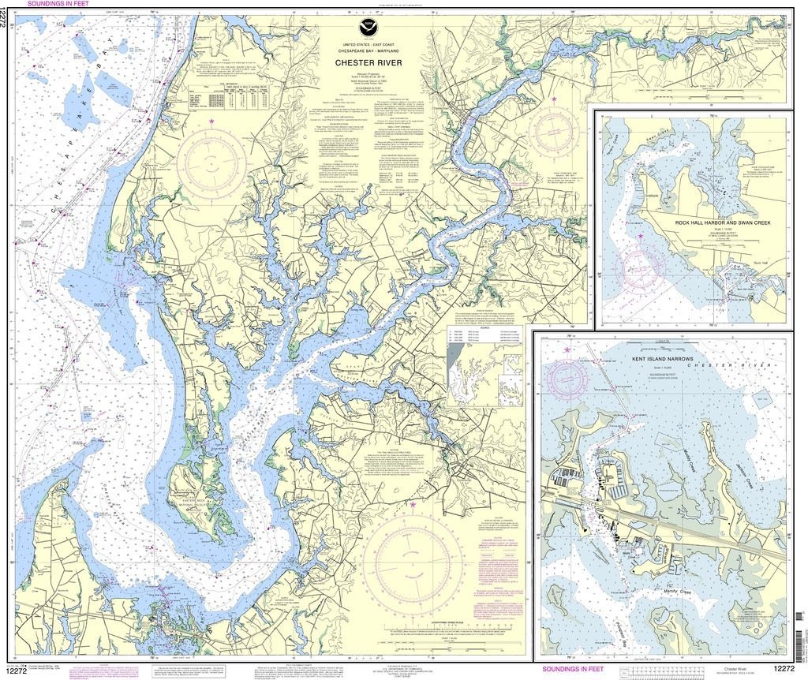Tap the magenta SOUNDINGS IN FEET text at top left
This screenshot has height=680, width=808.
point(58,4)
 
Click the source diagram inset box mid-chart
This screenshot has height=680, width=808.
point(484,368)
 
